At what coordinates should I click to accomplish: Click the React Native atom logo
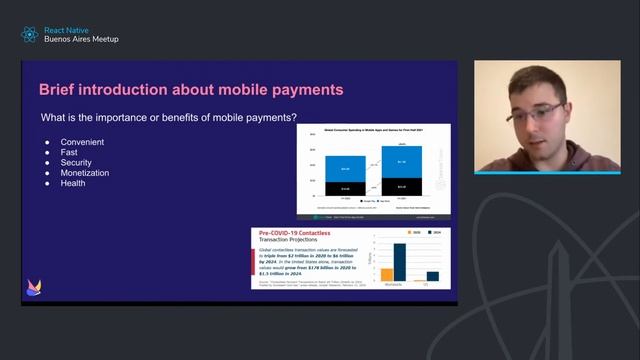coord(29,34)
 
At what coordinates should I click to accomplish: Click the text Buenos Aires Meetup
coord(81,39)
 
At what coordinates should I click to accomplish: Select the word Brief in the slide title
coord(59,90)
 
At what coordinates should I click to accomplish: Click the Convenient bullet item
coord(82,142)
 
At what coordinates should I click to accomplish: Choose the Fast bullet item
coord(70,152)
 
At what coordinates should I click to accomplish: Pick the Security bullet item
coord(76,162)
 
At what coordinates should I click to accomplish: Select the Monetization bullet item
coord(85,173)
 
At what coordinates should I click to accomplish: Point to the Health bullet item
coord(73,183)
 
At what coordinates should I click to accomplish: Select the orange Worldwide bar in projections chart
coord(387,274)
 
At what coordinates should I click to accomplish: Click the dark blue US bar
coord(433,276)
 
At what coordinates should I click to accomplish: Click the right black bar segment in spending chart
coord(401,186)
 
